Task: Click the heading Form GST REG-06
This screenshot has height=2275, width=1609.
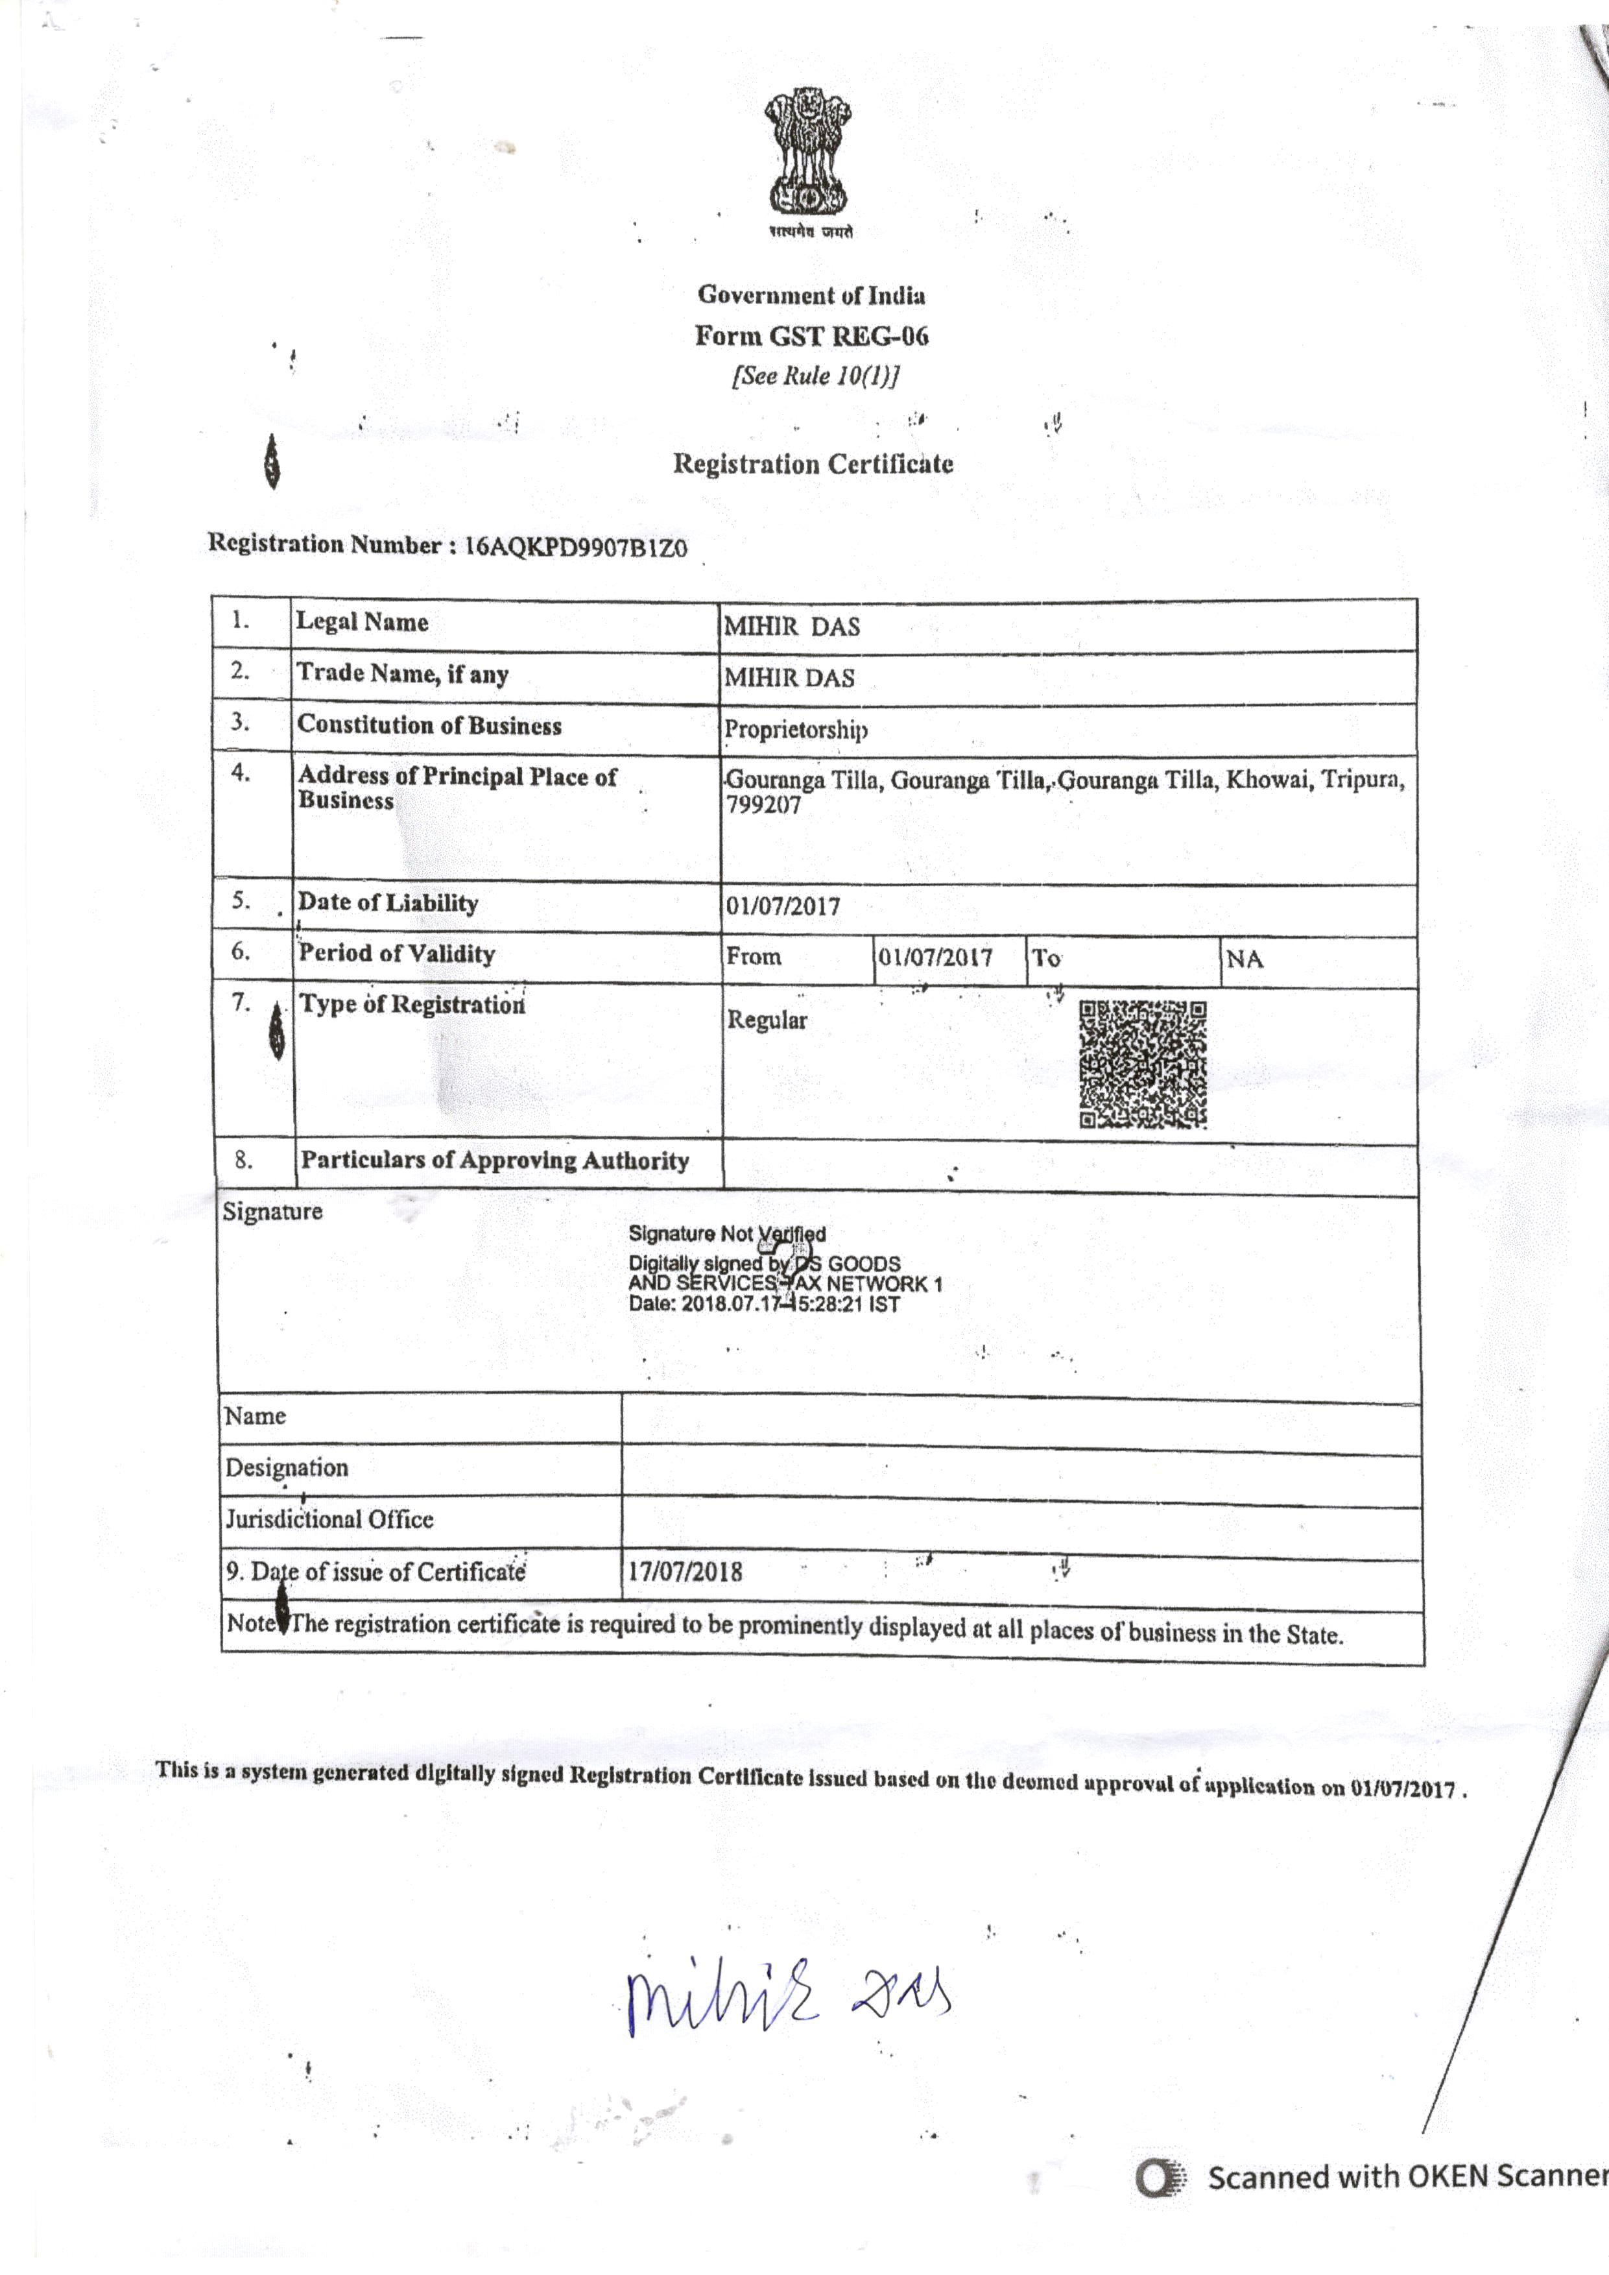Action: point(811,336)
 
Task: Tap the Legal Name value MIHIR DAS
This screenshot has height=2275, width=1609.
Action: point(792,626)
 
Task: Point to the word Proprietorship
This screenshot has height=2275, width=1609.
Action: point(796,730)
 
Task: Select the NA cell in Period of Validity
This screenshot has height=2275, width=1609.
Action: point(1245,959)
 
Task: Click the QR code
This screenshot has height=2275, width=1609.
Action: point(1142,1064)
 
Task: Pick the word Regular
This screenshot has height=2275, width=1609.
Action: point(767,1020)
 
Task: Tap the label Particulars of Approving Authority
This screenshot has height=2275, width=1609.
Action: point(494,1161)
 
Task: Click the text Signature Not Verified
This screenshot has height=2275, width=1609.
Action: point(726,1234)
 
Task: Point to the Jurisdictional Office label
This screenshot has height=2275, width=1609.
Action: point(329,1519)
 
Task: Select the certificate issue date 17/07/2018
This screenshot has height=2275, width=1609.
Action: point(685,1572)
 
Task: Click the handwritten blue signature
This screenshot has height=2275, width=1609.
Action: point(788,1991)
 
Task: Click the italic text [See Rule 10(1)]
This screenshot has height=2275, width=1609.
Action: point(815,376)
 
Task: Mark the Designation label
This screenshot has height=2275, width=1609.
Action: point(287,1467)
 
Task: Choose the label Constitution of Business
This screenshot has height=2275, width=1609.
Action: point(429,725)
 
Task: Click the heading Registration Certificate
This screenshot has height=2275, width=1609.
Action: point(813,464)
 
